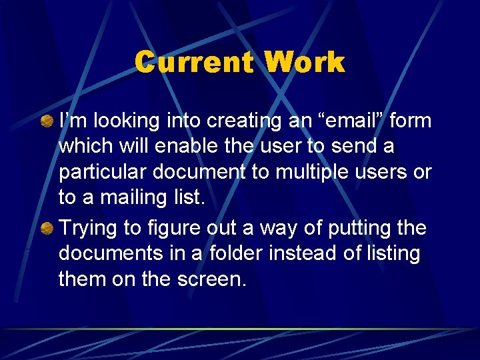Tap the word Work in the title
[305, 63]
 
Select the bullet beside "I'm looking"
[48, 121]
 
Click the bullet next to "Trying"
[48, 228]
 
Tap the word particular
[102, 171]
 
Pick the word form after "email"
[410, 121]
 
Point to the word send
[373, 146]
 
